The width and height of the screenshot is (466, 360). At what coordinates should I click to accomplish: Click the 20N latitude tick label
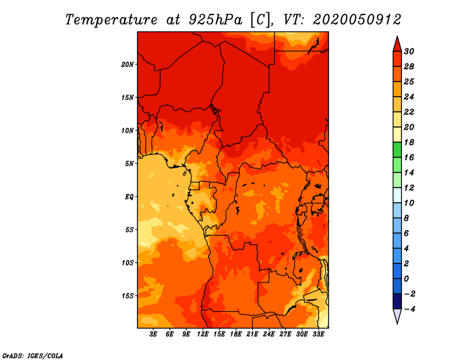[x=128, y=64]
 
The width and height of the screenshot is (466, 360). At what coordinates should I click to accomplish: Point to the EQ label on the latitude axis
[x=129, y=196]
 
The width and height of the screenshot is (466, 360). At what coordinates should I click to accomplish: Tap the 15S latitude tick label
[x=128, y=296]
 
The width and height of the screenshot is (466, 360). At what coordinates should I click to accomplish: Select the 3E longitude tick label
[x=153, y=334]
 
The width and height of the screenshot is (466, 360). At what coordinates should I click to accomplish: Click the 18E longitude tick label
[x=236, y=334]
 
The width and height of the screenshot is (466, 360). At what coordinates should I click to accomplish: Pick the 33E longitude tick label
[x=318, y=334]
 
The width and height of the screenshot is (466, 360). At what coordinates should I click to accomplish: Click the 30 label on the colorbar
[x=409, y=51]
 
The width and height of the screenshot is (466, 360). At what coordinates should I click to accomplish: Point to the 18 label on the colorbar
[x=409, y=142]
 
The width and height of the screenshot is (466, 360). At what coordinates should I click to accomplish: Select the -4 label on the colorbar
[x=409, y=309]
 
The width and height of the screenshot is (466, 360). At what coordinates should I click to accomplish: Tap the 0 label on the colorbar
[x=406, y=279]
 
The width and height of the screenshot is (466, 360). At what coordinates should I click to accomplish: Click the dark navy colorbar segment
[x=397, y=301]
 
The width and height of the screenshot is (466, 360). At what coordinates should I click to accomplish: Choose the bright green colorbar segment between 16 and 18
[x=397, y=150]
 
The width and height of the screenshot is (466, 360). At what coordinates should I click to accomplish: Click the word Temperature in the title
[x=111, y=20]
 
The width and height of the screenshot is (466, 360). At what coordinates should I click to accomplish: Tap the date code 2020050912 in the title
[x=357, y=20]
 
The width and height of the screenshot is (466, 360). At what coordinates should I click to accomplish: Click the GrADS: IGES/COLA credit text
[x=33, y=356]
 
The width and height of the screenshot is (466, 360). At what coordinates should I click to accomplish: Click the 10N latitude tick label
[x=128, y=130]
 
